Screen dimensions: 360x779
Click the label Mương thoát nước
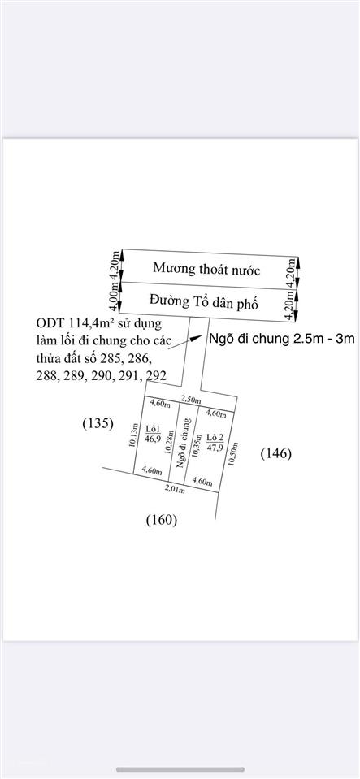[x=206, y=269]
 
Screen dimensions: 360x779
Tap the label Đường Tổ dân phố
[x=204, y=301]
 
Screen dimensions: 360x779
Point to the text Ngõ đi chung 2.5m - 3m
[x=281, y=339]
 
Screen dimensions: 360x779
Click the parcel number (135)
[x=98, y=424]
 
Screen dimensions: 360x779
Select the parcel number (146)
[x=276, y=453]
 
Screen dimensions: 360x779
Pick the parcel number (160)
[x=162, y=520]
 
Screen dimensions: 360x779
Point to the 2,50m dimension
[x=190, y=400]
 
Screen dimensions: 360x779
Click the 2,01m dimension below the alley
[x=175, y=491]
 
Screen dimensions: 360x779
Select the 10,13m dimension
[x=132, y=435]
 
